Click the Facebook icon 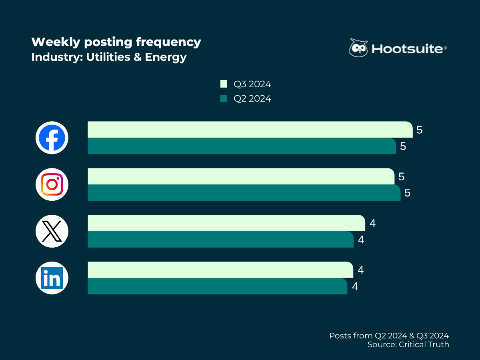[52, 138]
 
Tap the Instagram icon [52, 184]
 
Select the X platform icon [52, 231]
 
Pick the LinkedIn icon [52, 278]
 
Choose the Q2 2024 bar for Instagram [244, 193]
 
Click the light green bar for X [226, 223]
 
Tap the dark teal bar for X [220, 240]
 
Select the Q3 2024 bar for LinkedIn [220, 270]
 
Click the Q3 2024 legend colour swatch [224, 84]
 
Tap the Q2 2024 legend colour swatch [224, 98]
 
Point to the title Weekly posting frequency [116, 42]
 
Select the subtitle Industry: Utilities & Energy [109, 57]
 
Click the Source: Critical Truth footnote [408, 344]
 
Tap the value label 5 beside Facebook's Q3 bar [420, 130]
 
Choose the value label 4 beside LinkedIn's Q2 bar [354, 287]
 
